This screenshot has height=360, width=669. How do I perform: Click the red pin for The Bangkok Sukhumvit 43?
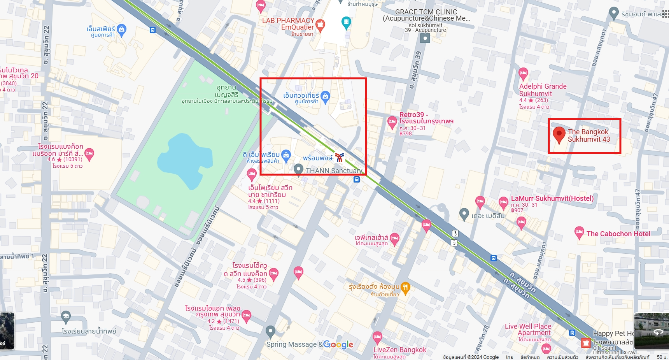(559, 134)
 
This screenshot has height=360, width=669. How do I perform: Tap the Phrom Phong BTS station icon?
(340, 158)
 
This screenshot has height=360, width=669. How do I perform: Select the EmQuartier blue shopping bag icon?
(326, 96)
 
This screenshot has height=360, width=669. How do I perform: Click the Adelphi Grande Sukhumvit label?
(543, 90)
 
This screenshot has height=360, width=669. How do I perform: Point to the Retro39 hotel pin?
(392, 122)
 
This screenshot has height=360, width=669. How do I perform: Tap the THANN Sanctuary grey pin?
(298, 170)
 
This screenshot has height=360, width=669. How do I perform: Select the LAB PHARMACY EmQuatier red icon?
(320, 25)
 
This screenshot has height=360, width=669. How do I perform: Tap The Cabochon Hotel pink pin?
(579, 232)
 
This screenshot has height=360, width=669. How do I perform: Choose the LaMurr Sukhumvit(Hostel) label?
(552, 198)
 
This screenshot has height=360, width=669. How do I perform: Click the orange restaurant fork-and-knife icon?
(405, 288)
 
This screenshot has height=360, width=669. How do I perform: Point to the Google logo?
(338, 344)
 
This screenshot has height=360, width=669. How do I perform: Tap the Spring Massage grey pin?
(270, 332)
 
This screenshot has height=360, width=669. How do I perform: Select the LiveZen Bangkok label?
(400, 349)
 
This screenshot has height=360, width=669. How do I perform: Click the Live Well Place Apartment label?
(528, 329)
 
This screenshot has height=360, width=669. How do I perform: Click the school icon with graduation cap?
(66, 316)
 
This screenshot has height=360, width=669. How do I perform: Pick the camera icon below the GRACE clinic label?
(425, 38)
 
